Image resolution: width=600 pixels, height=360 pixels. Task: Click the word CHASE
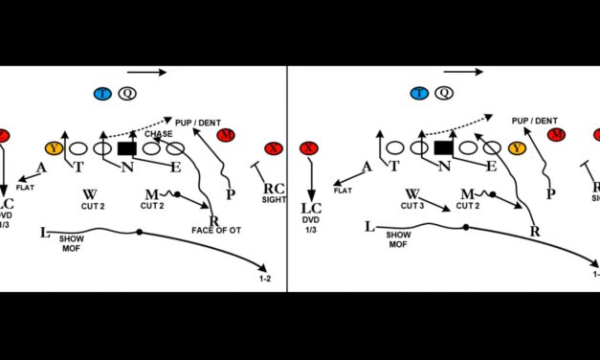click(x=159, y=134)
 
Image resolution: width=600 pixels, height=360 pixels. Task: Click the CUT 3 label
click(x=412, y=205)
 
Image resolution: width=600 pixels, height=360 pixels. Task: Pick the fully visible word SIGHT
click(x=274, y=199)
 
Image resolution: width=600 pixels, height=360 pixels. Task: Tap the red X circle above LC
click(x=308, y=148)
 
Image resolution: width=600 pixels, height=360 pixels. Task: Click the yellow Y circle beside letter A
click(x=55, y=148)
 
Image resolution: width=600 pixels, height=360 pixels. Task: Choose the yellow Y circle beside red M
click(x=518, y=148)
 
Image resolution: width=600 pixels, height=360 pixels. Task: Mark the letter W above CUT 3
click(x=412, y=192)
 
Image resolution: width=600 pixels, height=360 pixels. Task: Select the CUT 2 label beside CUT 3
click(x=468, y=205)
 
